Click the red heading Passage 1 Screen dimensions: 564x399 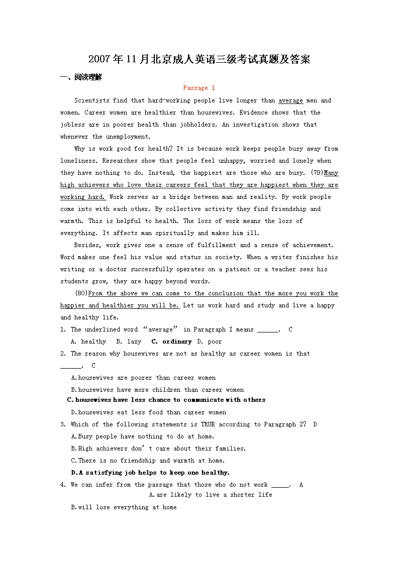click(199, 88)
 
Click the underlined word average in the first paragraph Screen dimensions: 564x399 click(290, 100)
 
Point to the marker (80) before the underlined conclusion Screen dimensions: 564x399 click(81, 293)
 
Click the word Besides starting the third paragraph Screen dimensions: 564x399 click(88, 245)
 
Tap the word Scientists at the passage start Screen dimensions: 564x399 click(91, 100)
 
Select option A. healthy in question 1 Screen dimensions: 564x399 click(88, 342)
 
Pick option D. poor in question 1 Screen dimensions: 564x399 click(210, 342)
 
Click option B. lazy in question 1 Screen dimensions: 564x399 click(129, 342)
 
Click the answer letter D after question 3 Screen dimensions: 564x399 click(315, 424)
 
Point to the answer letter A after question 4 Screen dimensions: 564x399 click(301, 485)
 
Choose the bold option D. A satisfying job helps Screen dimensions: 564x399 click(150, 473)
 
